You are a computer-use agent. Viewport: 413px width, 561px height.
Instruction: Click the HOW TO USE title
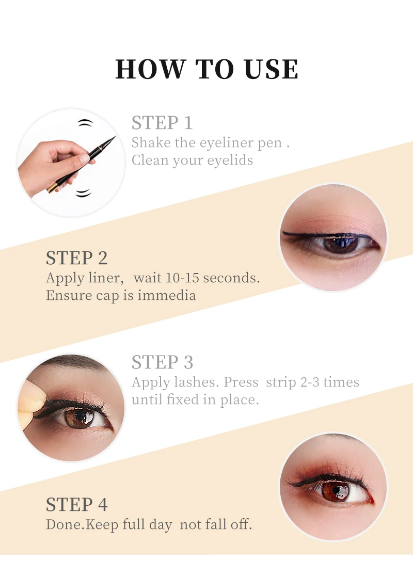(x=206, y=69)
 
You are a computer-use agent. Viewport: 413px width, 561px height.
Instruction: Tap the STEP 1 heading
(x=162, y=123)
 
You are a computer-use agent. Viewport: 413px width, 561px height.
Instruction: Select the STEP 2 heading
(x=76, y=258)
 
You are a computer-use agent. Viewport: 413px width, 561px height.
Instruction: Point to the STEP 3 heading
(x=162, y=362)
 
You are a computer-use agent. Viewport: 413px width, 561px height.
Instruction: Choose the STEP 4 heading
(x=76, y=504)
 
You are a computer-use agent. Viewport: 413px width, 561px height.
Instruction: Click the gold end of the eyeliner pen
(x=52, y=187)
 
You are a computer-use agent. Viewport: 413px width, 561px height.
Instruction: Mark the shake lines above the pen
(x=86, y=123)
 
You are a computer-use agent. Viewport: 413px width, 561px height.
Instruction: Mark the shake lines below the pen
(x=84, y=193)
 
